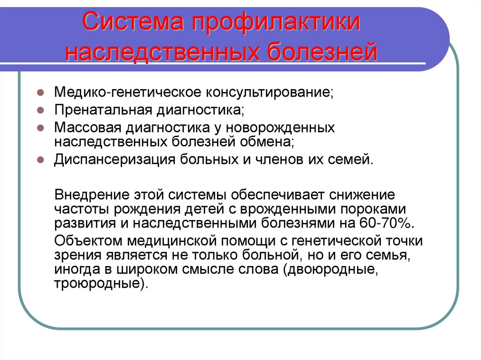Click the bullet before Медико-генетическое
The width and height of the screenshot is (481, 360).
coord(41,92)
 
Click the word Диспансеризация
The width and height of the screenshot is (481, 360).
coord(115,159)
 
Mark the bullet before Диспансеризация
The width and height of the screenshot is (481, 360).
coord(41,159)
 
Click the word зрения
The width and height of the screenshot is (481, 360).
coord(76,255)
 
